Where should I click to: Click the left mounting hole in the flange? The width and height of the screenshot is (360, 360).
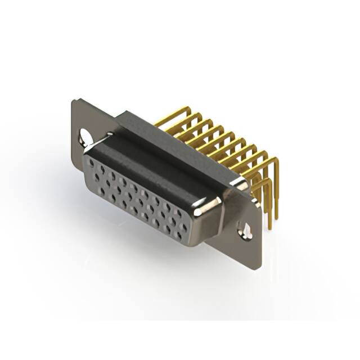[85, 137]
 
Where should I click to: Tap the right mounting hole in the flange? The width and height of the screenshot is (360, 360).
[245, 229]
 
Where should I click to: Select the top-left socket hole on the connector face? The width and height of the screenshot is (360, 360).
[92, 163]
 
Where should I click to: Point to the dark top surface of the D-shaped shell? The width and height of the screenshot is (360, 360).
[152, 163]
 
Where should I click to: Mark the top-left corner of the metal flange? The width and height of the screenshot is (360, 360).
[75, 102]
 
